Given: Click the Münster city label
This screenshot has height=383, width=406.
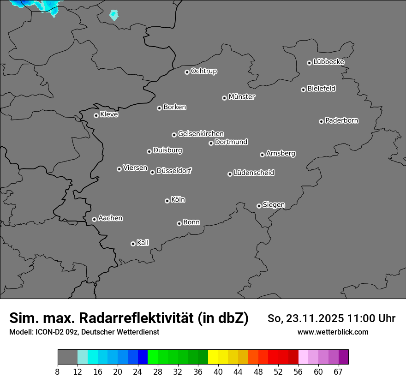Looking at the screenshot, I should coord(242,97).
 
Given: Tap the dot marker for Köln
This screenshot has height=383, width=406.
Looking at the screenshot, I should coord(167,201).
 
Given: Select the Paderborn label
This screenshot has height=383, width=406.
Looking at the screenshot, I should coord(342,120).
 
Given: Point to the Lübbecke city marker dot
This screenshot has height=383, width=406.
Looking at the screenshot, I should coord(309,63).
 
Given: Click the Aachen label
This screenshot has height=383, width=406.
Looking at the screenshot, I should coord(110,218).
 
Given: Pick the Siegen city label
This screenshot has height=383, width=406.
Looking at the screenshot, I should coord(274,205).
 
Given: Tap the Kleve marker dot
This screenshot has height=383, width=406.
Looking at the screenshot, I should coord(96,115).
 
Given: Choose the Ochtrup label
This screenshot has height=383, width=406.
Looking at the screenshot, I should coord(204,71).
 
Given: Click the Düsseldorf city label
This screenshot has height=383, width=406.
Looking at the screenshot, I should coord(174,171).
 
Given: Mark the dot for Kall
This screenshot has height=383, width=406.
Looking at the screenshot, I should coord(133,244).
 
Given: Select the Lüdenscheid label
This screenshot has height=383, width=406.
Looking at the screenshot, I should coord(254,173).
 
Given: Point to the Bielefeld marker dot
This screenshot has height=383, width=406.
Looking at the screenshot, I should coord(303,90).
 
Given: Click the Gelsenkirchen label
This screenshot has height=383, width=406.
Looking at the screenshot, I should coord(201,134).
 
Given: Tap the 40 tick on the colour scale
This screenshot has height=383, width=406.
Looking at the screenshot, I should coord(218,371).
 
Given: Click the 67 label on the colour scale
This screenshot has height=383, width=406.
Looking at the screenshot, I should coord(338,371).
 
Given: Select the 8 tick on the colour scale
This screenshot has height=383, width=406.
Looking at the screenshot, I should coord(58,371).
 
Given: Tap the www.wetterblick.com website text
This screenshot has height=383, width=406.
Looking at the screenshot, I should coord(333,332).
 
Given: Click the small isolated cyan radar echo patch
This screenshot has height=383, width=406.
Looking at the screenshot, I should coord(113,15).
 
